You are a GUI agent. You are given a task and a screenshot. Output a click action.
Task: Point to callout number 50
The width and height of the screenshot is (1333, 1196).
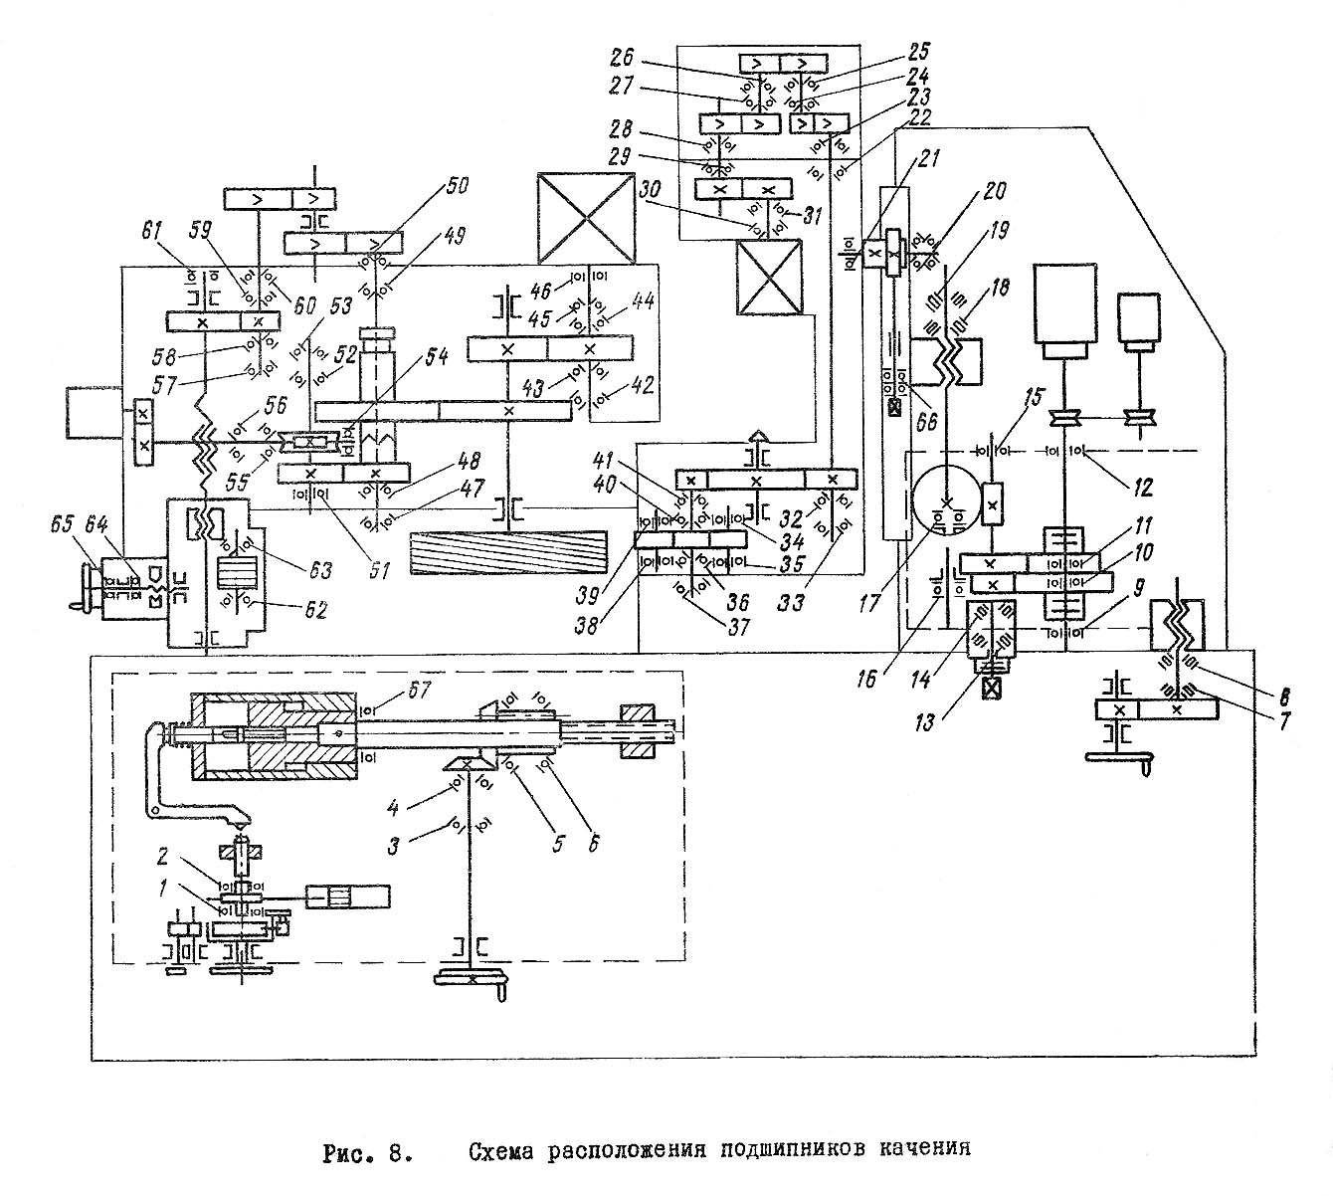[460, 187]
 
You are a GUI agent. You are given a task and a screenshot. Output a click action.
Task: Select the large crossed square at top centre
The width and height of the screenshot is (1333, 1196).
[584, 214]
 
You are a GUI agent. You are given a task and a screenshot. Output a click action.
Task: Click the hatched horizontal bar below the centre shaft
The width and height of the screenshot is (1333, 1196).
[508, 551]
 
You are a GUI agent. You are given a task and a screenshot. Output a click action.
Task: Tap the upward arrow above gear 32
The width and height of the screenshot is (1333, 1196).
[758, 437]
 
